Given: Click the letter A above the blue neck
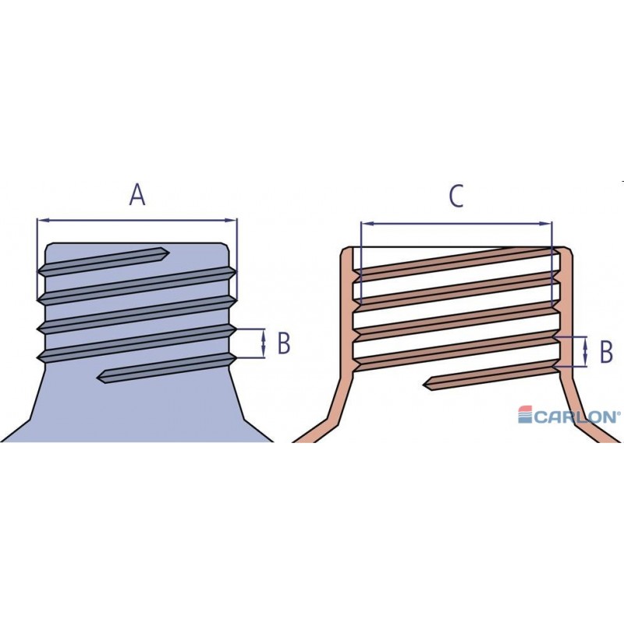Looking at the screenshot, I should [137, 194].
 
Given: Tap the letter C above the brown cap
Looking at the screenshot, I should [456, 197].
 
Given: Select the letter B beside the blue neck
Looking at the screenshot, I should [284, 342].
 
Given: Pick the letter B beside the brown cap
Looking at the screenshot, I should [606, 352].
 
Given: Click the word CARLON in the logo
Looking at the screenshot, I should [576, 417].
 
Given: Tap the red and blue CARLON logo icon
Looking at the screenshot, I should [524, 416].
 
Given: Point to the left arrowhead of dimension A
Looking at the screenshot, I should [41, 220].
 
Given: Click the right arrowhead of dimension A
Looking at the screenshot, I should [233, 220].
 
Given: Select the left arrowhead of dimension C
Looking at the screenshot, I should [365, 224].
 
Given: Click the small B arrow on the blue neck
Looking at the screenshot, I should [264, 343].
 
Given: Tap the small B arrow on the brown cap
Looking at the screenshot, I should [585, 352].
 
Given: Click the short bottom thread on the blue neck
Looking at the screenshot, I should [164, 369].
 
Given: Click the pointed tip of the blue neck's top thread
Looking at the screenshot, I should [166, 251].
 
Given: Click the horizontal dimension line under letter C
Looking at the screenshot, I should [456, 224].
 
